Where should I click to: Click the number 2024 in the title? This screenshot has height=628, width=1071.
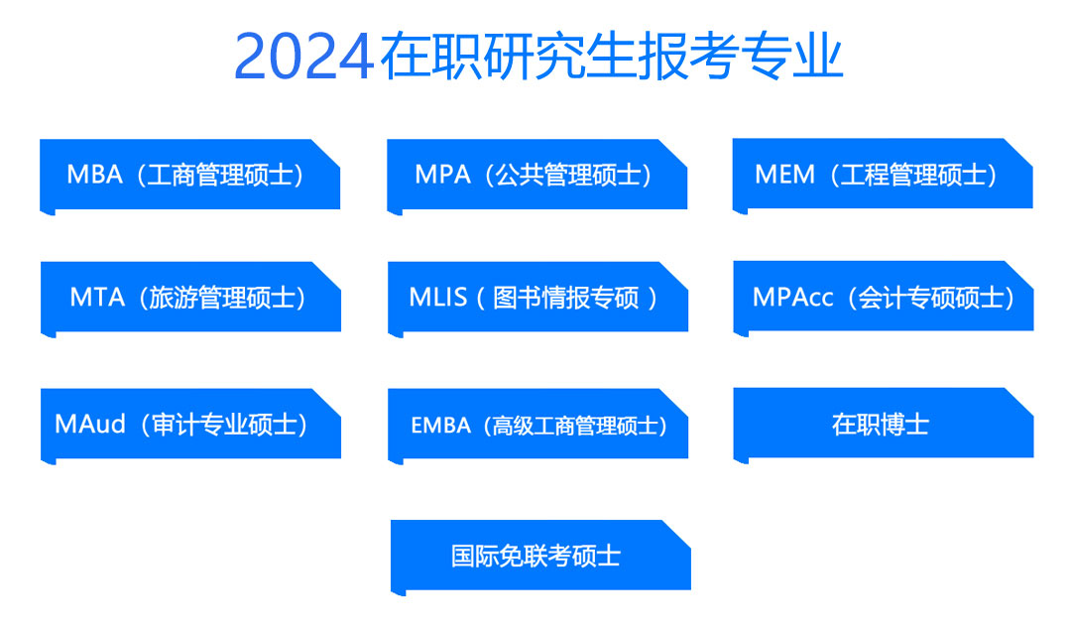tap(304, 57)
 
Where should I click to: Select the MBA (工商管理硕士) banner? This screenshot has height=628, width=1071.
tap(189, 177)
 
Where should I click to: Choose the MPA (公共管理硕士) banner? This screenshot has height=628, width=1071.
tap(536, 177)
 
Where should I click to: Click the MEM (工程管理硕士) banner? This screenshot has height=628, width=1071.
tap(883, 177)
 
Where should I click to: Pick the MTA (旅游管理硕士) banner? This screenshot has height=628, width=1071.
tap(190, 300)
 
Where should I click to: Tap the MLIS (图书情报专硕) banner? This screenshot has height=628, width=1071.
tap(537, 300)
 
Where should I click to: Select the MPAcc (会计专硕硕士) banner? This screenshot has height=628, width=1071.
tap(884, 299)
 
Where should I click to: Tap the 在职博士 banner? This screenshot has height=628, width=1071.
tap(884, 426)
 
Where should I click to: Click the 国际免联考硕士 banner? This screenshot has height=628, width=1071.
tap(540, 558)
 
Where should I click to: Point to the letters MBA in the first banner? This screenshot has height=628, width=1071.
tap(94, 175)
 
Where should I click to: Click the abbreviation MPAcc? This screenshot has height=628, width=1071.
tap(792, 298)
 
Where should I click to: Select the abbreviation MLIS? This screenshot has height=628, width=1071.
tap(438, 298)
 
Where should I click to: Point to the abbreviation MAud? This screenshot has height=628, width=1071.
tap(90, 425)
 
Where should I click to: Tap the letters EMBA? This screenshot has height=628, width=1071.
tap(440, 426)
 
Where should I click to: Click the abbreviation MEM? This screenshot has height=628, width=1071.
tap(784, 175)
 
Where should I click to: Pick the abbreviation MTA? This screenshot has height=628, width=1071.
tap(97, 298)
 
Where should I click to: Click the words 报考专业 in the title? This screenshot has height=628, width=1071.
tap(741, 56)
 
